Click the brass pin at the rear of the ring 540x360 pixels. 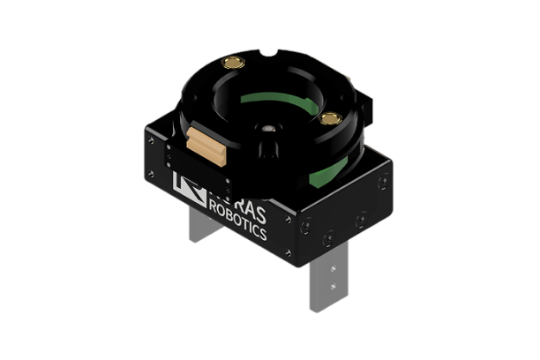point(233,63)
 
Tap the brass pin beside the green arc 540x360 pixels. point(330,118)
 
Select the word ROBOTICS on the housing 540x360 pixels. point(250,215)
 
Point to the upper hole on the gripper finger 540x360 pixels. point(332,268)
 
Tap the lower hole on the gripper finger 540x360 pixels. point(332,286)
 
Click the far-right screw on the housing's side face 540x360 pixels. point(381,184)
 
